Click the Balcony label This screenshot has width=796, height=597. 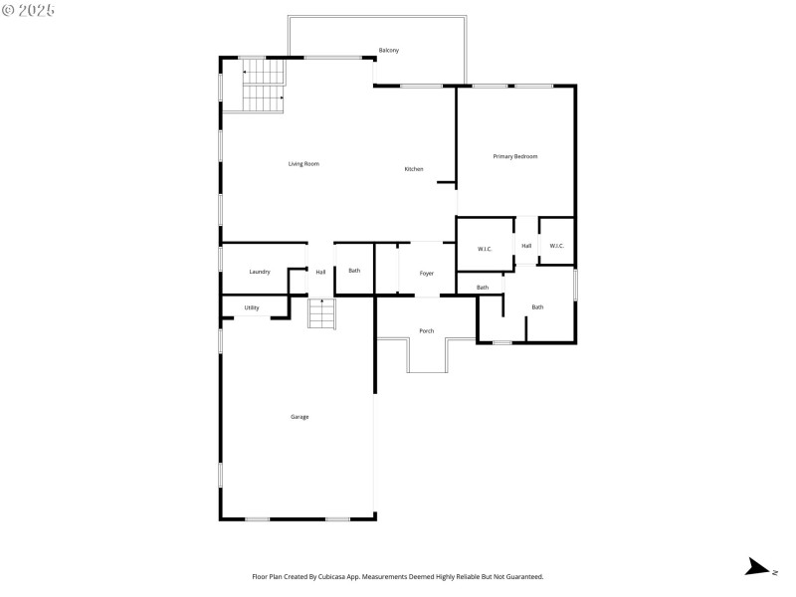[x=389, y=51]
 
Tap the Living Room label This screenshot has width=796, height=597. [x=303, y=163]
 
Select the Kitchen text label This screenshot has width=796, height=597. [x=413, y=169]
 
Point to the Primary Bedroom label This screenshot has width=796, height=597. [x=515, y=156]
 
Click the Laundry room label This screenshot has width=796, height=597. [x=260, y=272]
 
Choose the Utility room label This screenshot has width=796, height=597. [x=252, y=307]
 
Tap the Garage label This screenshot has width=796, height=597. [x=299, y=416]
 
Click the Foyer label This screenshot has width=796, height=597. [x=426, y=273]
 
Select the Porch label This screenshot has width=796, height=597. [x=426, y=330]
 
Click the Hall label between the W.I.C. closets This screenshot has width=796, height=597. [x=526, y=246]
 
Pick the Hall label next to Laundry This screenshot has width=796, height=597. [x=320, y=272]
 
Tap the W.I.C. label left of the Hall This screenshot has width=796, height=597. [x=485, y=249]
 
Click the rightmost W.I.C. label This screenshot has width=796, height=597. [x=556, y=246]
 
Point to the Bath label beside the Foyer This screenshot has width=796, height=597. [x=354, y=271]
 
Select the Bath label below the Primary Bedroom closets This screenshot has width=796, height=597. [x=537, y=306]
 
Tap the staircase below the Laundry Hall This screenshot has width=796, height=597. [x=321, y=313]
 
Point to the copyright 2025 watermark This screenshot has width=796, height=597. [x=29, y=9]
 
